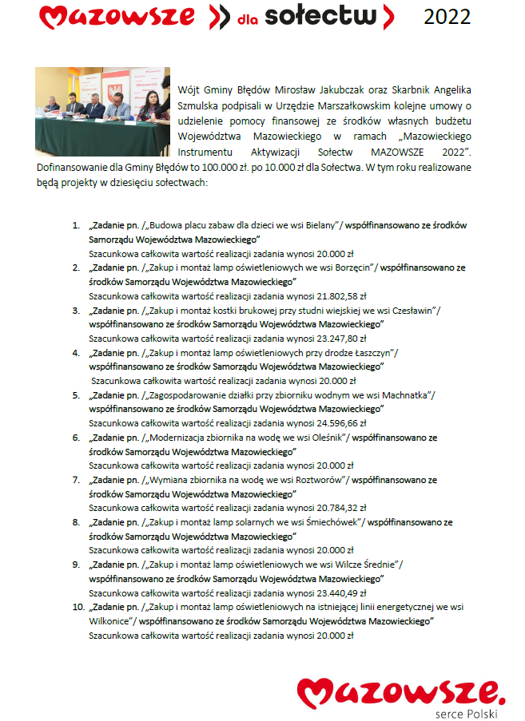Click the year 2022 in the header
(447, 16)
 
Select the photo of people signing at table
(102, 111)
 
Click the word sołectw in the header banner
(328, 15)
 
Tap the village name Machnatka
(405, 394)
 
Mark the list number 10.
(78, 607)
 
